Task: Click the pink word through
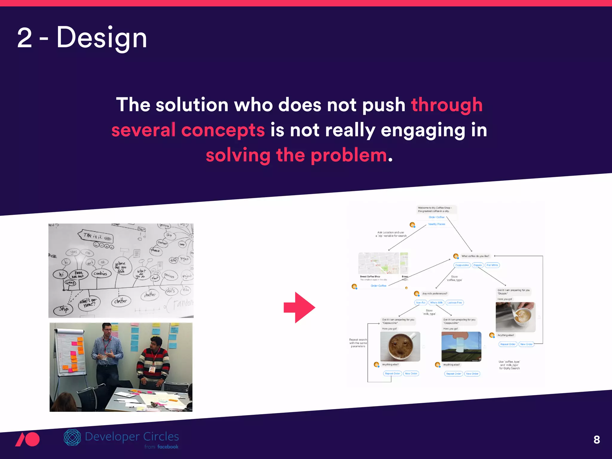(x=446, y=105)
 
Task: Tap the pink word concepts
(x=223, y=131)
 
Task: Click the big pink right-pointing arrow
(x=299, y=307)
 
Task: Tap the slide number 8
(x=596, y=440)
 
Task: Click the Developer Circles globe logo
(x=72, y=437)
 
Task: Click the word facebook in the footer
(x=168, y=447)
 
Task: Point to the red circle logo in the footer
(x=31, y=439)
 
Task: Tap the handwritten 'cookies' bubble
(x=100, y=273)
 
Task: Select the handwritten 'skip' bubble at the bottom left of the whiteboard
(x=63, y=310)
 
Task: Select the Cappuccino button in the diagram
(x=462, y=265)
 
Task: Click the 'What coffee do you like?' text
(x=475, y=256)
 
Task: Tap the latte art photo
(x=515, y=317)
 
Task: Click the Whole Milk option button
(x=436, y=303)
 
